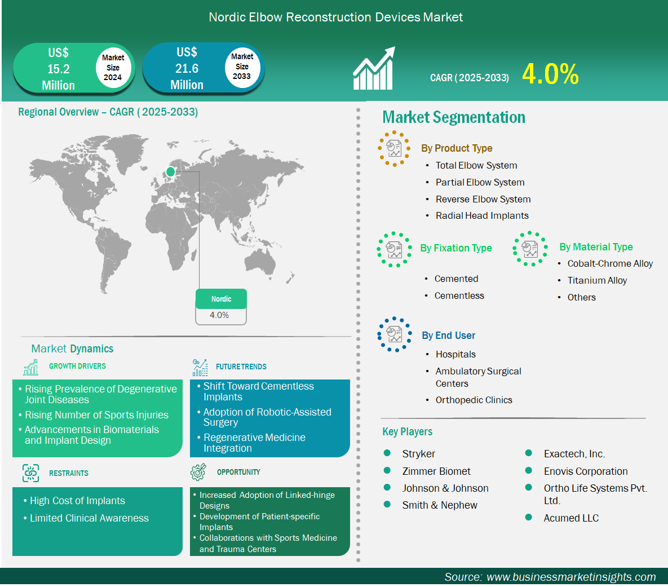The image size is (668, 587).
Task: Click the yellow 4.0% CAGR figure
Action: [x=550, y=74]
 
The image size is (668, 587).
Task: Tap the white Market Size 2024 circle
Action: [x=113, y=67]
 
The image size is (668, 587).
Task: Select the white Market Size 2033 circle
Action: [x=242, y=67]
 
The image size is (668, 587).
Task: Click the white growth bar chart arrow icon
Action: [x=374, y=68]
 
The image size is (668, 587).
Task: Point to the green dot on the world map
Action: [x=170, y=172]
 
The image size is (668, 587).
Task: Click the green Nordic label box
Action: [x=221, y=299]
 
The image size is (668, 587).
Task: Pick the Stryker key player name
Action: [x=418, y=453]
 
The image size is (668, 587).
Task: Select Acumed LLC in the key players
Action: [x=571, y=518]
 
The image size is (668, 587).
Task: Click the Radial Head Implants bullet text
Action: [x=482, y=216]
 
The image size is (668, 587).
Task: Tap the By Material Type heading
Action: [x=596, y=247]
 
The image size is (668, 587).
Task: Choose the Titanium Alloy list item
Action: [x=597, y=280]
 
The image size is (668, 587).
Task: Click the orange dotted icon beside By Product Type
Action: [x=394, y=148]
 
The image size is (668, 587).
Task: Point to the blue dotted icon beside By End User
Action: [x=395, y=334]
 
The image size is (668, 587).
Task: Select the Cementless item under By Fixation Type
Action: [x=459, y=296]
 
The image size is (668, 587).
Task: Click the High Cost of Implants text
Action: [x=77, y=501]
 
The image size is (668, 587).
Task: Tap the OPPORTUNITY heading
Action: [x=238, y=472]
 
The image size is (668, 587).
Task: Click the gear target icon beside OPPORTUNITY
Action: [x=198, y=472]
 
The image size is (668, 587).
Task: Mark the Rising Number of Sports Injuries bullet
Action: [x=96, y=415]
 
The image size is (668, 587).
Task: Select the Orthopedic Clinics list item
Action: [x=474, y=400]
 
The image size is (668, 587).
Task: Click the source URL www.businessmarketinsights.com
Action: [x=571, y=577]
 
